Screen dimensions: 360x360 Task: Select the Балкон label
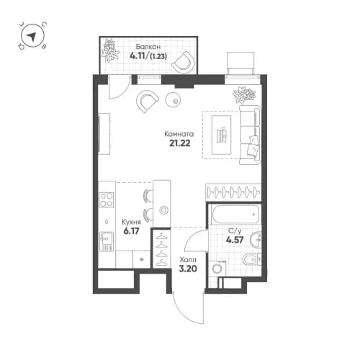[141, 45]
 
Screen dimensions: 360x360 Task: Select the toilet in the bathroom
[249, 260]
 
